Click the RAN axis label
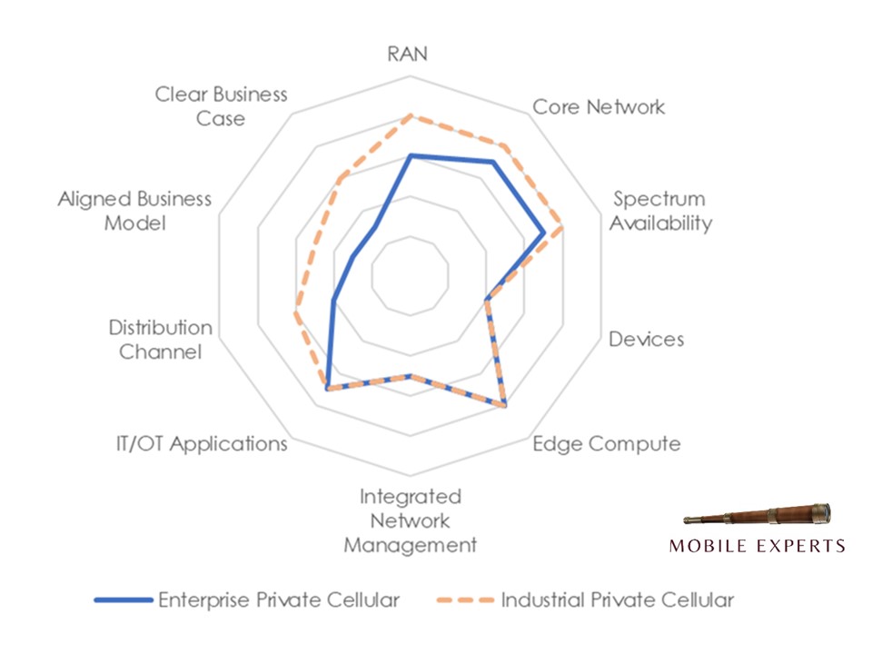click(x=408, y=53)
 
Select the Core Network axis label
click(x=598, y=106)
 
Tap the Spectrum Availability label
click(x=659, y=211)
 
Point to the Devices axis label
click(x=646, y=340)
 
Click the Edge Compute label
click(x=606, y=444)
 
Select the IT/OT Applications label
click(x=202, y=444)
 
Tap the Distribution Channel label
click(x=160, y=340)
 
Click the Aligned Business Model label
click(x=134, y=211)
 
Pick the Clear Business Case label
click(x=221, y=106)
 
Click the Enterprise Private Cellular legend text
click(x=279, y=600)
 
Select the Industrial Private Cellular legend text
click(x=618, y=600)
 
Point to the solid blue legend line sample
click(x=123, y=600)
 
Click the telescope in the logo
click(x=757, y=518)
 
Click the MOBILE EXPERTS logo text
click(x=757, y=546)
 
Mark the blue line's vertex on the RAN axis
click(x=411, y=155)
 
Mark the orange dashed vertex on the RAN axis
click(x=411, y=115)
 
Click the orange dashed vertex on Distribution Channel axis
click(x=295, y=314)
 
